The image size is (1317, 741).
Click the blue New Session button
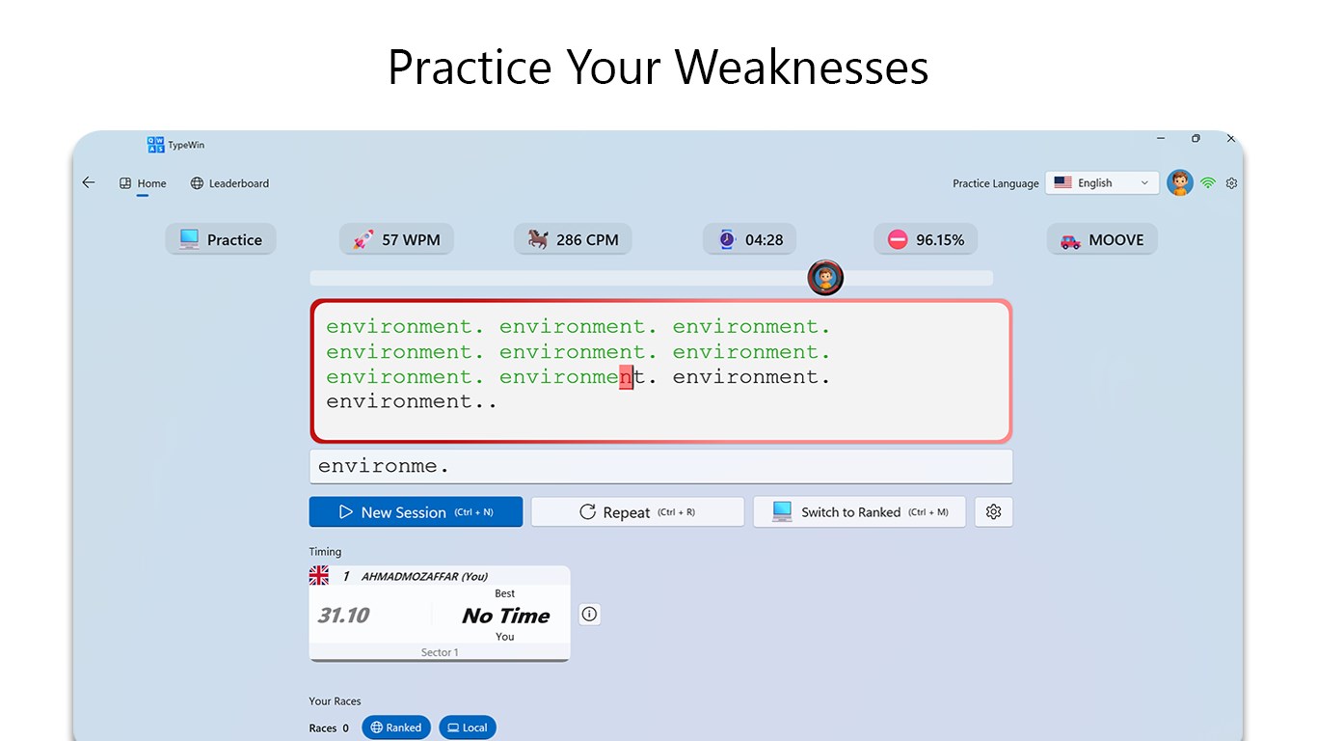pos(416,512)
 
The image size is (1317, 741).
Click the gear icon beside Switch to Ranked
pos(994,512)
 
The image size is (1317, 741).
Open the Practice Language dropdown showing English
pos(1102,183)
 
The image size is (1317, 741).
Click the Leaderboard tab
pos(229,183)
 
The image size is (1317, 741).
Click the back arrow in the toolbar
pos(89,182)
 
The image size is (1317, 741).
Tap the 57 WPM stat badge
pos(396,240)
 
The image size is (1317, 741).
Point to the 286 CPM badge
pos(573,240)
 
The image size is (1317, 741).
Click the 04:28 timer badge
pos(750,240)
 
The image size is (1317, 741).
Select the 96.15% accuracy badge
pos(926,240)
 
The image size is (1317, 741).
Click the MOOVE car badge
pos(1102,240)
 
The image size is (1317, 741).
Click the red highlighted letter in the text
pos(627,377)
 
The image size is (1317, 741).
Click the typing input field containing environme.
pos(660,467)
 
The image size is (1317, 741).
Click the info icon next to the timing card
pos(590,614)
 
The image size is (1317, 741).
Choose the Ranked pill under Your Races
pos(396,727)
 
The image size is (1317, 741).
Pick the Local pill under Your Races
pos(468,727)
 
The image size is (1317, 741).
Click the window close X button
pos(1231,139)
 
